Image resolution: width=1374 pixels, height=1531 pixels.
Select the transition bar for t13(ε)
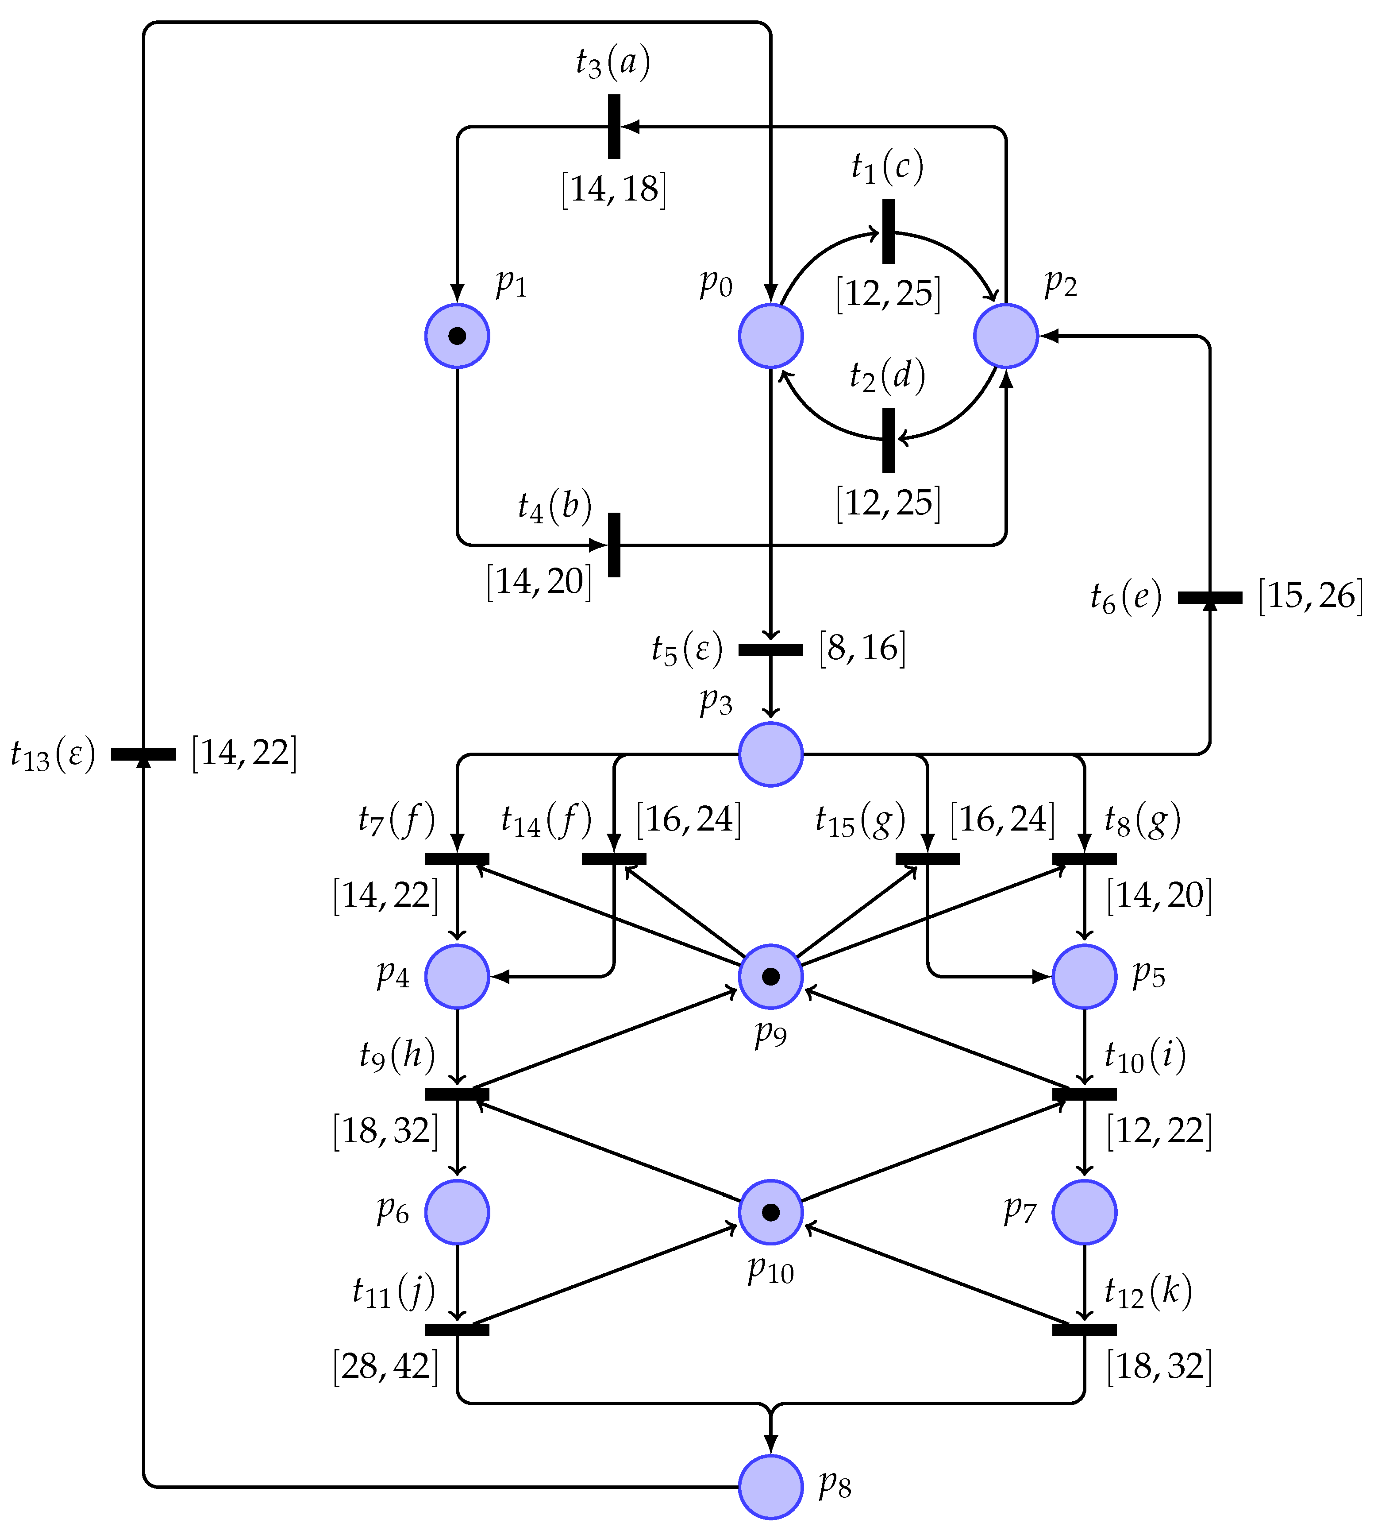pyautogui.click(x=143, y=754)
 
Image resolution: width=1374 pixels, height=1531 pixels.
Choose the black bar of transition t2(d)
pyautogui.click(x=889, y=441)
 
